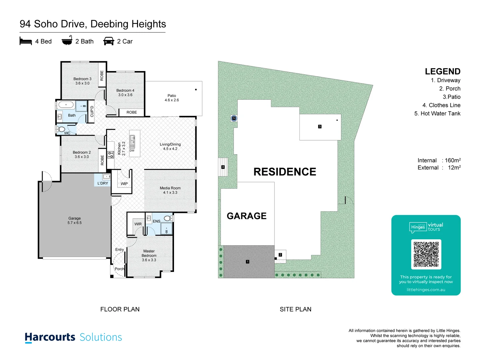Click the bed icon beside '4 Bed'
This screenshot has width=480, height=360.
(x=26, y=41)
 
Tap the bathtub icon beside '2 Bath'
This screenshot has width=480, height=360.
(x=67, y=40)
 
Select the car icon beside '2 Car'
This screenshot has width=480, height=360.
(x=109, y=41)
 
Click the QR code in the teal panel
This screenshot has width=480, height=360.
(x=426, y=254)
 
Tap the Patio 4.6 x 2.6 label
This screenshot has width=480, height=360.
(x=172, y=98)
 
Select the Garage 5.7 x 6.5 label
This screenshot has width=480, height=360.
(x=74, y=220)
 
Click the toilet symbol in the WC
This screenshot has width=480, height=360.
(x=61, y=129)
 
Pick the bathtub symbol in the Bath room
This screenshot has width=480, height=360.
(x=66, y=105)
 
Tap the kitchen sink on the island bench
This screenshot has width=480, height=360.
(x=132, y=141)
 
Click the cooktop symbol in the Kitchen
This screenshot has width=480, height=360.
(x=111, y=155)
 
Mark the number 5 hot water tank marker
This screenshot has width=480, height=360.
(x=234, y=118)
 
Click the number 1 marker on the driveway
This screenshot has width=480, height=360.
(x=248, y=262)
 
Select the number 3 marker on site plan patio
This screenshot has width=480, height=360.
(x=320, y=126)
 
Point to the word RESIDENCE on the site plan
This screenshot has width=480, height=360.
(x=285, y=172)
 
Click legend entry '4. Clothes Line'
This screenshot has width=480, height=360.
(x=441, y=105)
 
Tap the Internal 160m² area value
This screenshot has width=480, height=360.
(x=452, y=160)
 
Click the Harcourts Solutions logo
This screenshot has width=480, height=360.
(x=73, y=337)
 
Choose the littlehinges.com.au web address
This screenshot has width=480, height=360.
(x=426, y=290)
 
